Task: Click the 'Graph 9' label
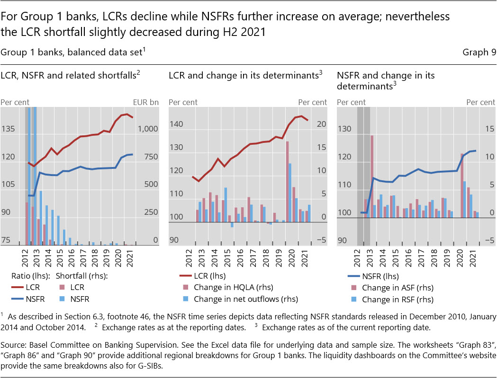pyautogui.click(x=479, y=53)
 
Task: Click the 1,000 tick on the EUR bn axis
pyautogui.click(x=149, y=129)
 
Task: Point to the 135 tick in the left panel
pyautogui.click(x=9, y=129)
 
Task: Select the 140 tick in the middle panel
pyautogui.click(x=177, y=124)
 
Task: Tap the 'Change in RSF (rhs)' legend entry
pyautogui.click(x=397, y=299)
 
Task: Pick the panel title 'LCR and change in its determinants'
pyautogui.click(x=244, y=75)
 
